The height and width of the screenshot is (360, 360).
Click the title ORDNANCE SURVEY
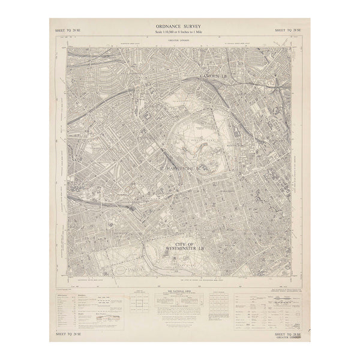(x=179, y=27)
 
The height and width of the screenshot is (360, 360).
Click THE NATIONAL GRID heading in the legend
(x=180, y=290)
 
